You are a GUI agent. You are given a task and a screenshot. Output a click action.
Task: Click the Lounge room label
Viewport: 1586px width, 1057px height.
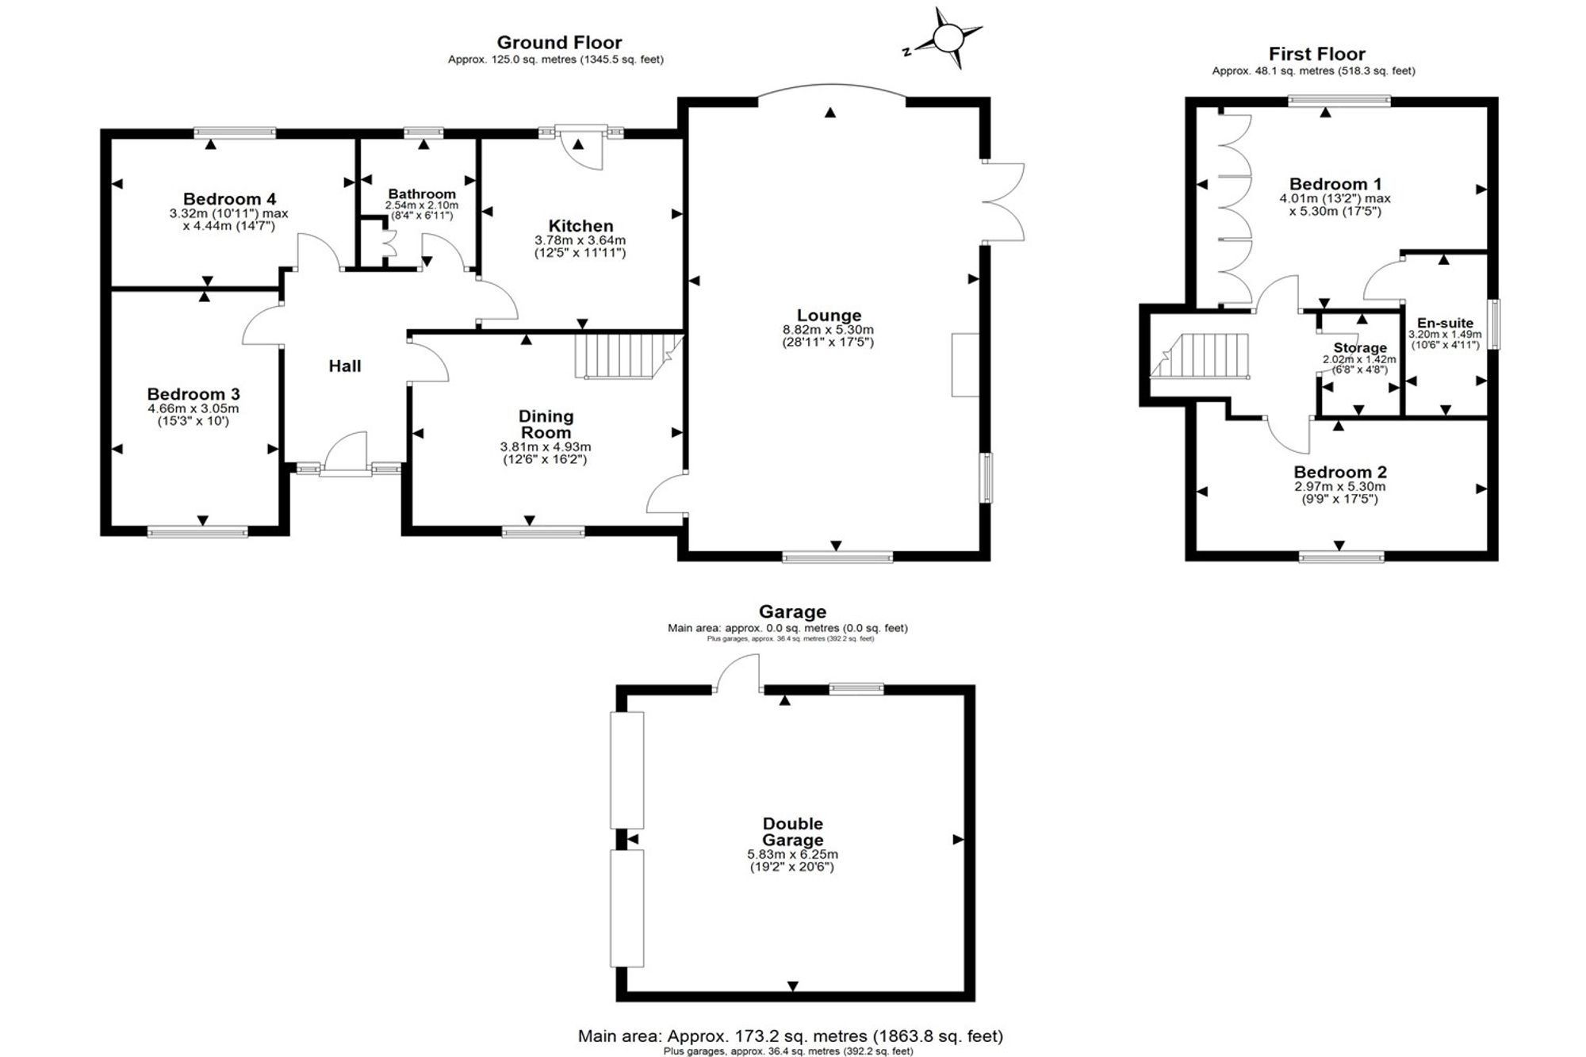click(829, 316)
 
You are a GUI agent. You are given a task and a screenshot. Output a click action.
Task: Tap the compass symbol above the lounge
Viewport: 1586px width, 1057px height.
click(947, 38)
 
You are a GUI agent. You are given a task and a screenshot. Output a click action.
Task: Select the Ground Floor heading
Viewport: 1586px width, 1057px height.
click(559, 43)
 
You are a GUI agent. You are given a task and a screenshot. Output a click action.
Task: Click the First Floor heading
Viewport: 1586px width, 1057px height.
click(1316, 54)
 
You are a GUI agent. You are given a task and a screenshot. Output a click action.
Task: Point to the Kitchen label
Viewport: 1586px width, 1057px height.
click(580, 226)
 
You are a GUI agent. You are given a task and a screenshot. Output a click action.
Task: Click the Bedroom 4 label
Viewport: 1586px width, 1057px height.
click(229, 199)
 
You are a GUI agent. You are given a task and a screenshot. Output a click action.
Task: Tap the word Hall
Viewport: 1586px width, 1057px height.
click(345, 366)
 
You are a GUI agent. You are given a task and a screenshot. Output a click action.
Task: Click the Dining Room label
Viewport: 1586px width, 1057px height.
click(546, 424)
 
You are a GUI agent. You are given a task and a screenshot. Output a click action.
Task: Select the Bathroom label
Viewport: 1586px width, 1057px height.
click(422, 193)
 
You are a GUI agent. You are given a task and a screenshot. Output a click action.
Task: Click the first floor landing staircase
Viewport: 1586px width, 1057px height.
click(1199, 356)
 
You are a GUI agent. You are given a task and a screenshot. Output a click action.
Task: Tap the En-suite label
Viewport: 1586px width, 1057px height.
click(1446, 323)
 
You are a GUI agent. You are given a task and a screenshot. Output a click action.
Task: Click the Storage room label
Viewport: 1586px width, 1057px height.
click(1360, 347)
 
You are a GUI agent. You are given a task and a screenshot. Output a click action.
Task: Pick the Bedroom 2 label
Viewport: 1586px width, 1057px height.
click(1340, 473)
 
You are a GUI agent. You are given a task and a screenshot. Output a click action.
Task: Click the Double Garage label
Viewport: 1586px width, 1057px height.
click(792, 832)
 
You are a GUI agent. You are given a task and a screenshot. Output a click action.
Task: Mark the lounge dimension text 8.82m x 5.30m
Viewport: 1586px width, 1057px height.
click(828, 330)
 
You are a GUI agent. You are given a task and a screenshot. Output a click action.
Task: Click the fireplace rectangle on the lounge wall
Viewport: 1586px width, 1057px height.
click(965, 365)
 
